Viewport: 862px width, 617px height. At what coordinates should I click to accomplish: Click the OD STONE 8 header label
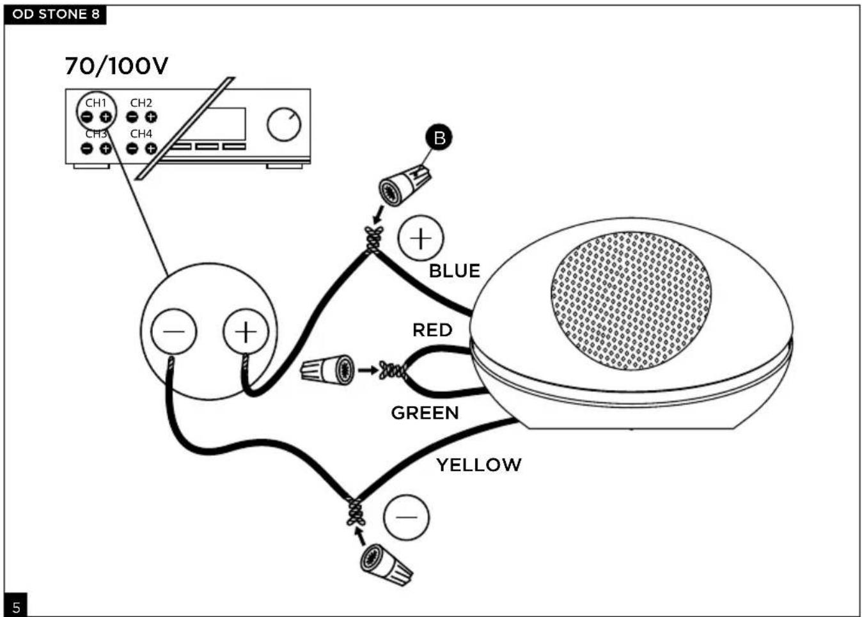coord(56,14)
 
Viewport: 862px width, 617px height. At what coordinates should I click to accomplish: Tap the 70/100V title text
coord(116,66)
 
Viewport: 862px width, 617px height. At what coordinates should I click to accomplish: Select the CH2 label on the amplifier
coord(141,103)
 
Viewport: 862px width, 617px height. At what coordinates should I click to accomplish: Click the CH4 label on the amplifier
coord(141,134)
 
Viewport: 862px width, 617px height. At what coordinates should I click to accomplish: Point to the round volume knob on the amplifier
coord(284,124)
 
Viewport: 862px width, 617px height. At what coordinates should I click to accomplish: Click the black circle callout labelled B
coord(439,137)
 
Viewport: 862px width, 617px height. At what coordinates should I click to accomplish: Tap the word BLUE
coord(455,271)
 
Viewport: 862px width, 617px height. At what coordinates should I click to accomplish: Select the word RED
coord(432,330)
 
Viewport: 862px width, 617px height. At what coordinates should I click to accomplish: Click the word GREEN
coord(425,413)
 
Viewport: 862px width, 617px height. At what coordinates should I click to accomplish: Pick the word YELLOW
coord(479,465)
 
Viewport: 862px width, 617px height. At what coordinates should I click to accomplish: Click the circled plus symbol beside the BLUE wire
coord(421,238)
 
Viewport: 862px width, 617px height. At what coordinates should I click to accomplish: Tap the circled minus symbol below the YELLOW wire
coord(406,517)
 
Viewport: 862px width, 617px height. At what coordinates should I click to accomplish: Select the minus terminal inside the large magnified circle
coord(173,331)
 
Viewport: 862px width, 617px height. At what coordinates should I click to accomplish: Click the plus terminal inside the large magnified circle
coord(246,331)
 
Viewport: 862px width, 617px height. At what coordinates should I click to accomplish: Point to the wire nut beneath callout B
coord(405,185)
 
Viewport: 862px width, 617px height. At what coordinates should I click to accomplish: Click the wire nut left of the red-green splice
coord(327,370)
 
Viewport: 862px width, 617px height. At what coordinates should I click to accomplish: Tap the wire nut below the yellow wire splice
coord(386,565)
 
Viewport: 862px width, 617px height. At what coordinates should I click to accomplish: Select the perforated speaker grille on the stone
coord(631,301)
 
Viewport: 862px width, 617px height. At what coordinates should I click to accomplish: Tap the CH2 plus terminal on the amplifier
coord(151,116)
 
